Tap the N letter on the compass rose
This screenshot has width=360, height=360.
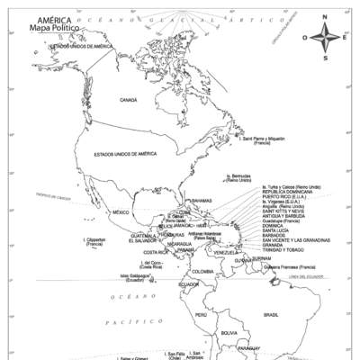(x=325, y=17)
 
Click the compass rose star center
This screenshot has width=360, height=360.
(x=325, y=38)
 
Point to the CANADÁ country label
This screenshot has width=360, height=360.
(x=129, y=100)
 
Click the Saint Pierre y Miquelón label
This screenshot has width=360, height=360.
(x=262, y=140)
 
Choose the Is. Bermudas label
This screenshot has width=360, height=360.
(x=238, y=177)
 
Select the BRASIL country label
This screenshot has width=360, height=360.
(x=271, y=315)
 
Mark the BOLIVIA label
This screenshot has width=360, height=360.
(x=229, y=333)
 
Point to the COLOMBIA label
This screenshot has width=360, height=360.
(x=202, y=271)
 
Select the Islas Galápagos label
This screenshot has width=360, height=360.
(x=132, y=277)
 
